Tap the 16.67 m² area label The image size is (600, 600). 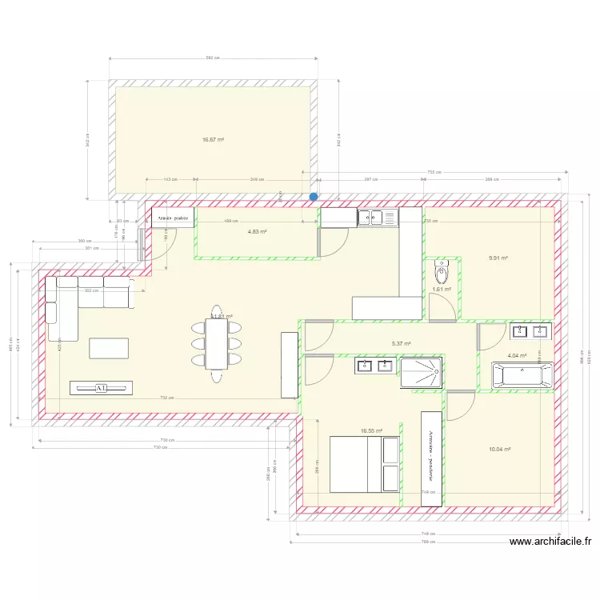[x=213, y=140]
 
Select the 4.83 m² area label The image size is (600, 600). [x=257, y=232]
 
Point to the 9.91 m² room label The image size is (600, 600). [x=498, y=258]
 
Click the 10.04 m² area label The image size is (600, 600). [x=499, y=450]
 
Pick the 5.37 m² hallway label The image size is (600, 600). [x=401, y=344]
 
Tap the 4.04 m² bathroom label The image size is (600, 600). [x=518, y=355]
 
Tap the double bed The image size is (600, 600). [x=365, y=463]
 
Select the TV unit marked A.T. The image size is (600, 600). [x=102, y=388]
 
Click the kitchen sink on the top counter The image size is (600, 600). [x=377, y=216]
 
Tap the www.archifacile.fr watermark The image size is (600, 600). [x=550, y=542]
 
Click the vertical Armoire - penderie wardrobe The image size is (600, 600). [x=431, y=458]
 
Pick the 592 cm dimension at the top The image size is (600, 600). [x=213, y=58]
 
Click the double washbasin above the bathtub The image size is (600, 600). [x=530, y=330]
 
